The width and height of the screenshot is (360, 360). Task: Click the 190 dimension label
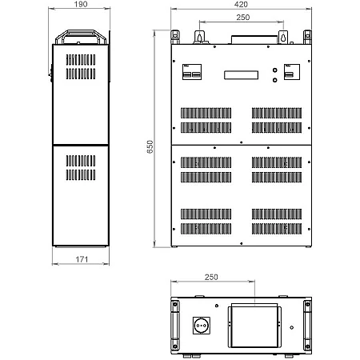point(81,4)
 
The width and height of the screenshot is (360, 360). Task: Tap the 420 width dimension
point(241,4)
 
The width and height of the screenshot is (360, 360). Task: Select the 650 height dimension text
point(150,146)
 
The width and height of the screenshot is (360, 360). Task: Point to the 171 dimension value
point(82,259)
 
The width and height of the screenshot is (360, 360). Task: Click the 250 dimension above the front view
point(243,18)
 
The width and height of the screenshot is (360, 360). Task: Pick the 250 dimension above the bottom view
point(211,277)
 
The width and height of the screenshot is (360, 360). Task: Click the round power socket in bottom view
point(202,326)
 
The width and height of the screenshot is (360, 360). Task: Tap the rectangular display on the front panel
point(241,75)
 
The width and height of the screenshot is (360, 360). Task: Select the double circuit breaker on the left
point(192,72)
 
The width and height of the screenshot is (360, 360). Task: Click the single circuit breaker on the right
point(292,72)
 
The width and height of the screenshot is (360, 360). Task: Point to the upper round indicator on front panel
point(274,70)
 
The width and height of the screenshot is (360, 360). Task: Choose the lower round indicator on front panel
point(274,80)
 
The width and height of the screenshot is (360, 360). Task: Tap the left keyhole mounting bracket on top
point(199,37)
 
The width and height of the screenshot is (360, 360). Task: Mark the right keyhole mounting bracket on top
point(283,37)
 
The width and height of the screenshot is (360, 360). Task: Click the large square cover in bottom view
point(254,327)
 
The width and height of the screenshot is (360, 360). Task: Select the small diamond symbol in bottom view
point(292,327)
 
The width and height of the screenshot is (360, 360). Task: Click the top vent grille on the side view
point(81,60)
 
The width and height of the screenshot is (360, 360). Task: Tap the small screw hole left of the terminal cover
point(217,306)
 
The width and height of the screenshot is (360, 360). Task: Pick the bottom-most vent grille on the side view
point(81,175)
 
